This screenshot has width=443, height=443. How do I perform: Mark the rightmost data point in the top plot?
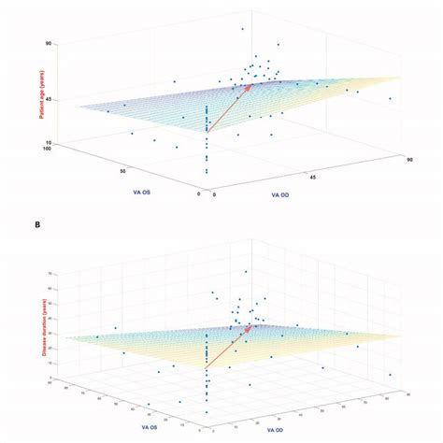point(391,98)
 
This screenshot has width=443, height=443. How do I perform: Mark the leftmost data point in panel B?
point(97,336)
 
